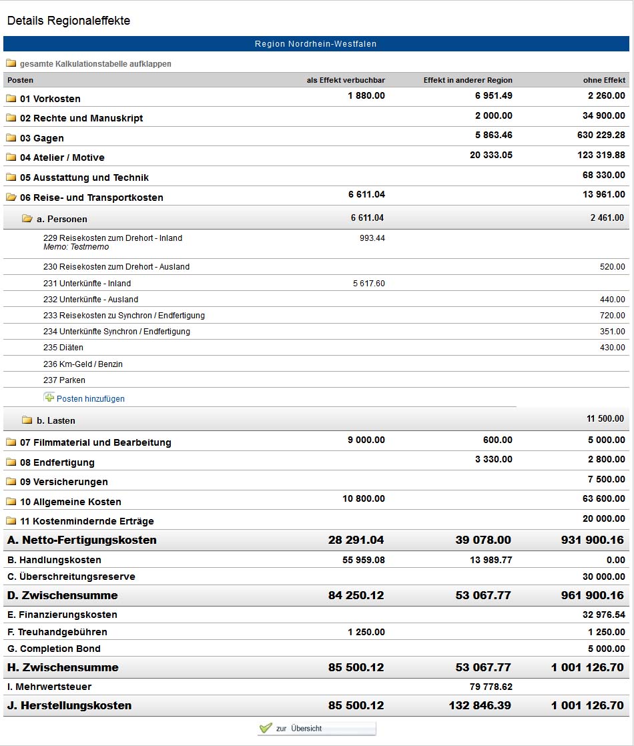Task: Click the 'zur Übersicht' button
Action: pyautogui.click(x=316, y=729)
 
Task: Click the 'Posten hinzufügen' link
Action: pyautogui.click(x=91, y=399)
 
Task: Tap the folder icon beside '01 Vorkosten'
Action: pyautogui.click(x=11, y=99)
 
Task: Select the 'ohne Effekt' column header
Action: pyautogui.click(x=604, y=80)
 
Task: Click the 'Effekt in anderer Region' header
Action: pyautogui.click(x=468, y=80)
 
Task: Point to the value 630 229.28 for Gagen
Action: pyautogui.click(x=601, y=135)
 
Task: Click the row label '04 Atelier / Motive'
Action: pyautogui.click(x=62, y=157)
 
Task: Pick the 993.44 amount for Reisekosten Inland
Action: pyautogui.click(x=372, y=238)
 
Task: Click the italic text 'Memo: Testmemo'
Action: pyautogui.click(x=76, y=247)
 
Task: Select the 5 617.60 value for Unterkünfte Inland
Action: pyautogui.click(x=369, y=284)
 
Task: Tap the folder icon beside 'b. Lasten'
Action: pyautogui.click(x=27, y=420)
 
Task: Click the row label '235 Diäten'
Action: pyautogui.click(x=63, y=347)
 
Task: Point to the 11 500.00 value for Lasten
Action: pyautogui.click(x=605, y=418)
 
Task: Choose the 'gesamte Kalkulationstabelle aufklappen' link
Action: pyautogui.click(x=95, y=64)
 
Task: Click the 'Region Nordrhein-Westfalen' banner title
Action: pyautogui.click(x=316, y=44)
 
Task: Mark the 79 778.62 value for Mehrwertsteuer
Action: pyautogui.click(x=491, y=687)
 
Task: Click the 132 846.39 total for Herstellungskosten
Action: pyautogui.click(x=480, y=705)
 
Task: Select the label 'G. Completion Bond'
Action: pyautogui.click(x=54, y=649)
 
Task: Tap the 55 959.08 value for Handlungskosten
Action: pyautogui.click(x=364, y=560)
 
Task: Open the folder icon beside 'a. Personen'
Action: pyautogui.click(x=27, y=219)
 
